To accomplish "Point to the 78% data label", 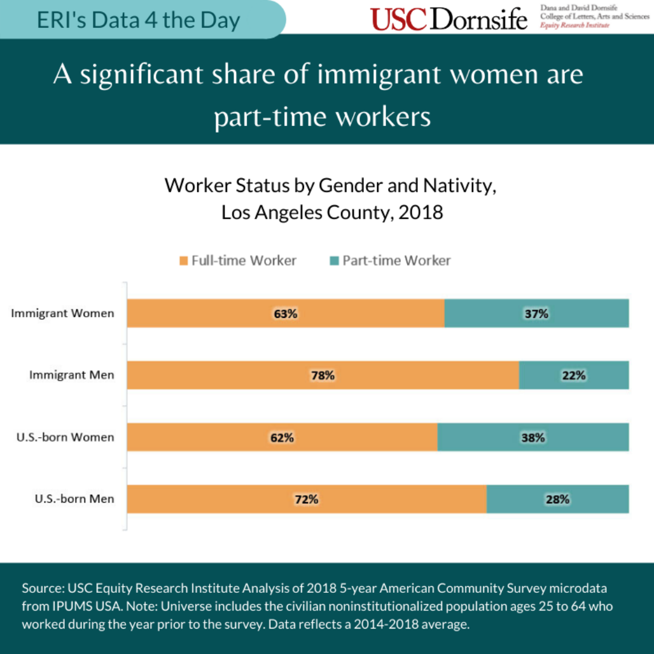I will tap(323, 375).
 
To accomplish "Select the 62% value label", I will tap(282, 437).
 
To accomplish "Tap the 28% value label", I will tap(557, 499).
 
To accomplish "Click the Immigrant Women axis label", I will tap(62, 314).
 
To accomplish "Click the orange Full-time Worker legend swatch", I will tap(183, 261).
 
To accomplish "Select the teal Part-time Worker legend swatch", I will tap(334, 261).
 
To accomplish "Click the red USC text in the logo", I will tap(398, 19).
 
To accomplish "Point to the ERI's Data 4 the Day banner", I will tap(139, 20).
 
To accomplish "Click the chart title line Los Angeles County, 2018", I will tap(332, 213).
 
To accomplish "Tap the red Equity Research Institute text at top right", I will tap(575, 25).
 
